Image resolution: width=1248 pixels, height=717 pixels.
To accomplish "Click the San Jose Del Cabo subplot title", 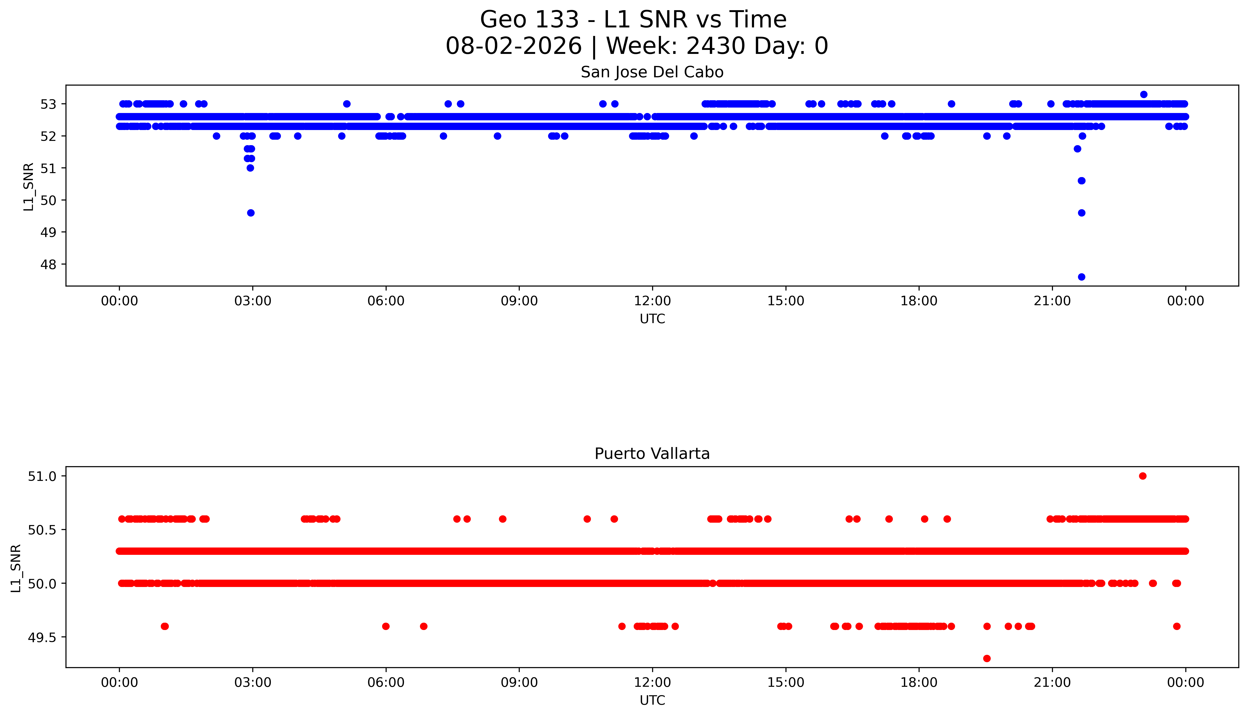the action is point(652,72).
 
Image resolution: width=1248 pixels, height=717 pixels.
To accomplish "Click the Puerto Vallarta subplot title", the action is point(652,454).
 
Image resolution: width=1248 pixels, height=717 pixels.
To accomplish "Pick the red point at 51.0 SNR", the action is point(1143,476).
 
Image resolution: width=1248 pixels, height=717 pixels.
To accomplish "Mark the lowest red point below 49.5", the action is point(986,658).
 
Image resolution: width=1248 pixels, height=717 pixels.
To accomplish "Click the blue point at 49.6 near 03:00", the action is point(251,213).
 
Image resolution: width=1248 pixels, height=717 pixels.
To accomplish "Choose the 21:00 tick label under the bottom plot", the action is point(1052,682).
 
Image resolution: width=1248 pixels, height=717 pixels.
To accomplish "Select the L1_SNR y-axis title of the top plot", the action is point(29,187).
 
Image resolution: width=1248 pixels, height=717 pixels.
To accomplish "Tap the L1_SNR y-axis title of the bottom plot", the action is point(16,568).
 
